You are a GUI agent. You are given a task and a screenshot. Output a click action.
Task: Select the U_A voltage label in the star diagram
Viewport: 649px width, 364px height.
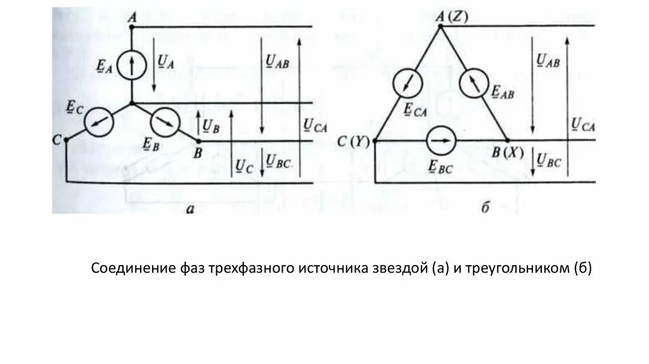165,61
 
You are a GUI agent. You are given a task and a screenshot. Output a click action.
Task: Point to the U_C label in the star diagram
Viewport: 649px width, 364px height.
243,166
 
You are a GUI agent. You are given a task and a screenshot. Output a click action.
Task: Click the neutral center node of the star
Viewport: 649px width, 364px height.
131,103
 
